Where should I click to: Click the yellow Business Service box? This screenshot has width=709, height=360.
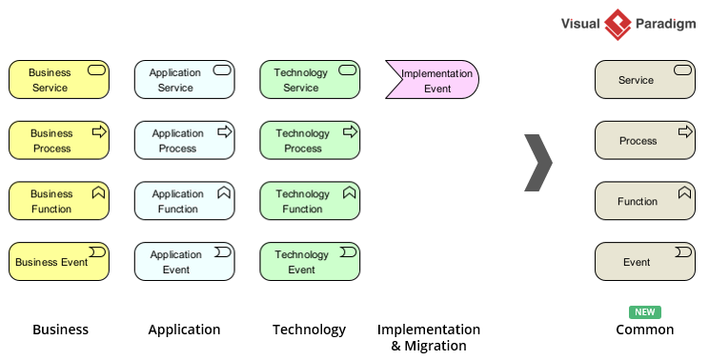click(59, 80)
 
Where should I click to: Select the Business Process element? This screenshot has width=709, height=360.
click(59, 141)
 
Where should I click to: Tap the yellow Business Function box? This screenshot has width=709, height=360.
click(59, 201)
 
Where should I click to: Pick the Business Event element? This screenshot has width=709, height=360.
click(59, 262)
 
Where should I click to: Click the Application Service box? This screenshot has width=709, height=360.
click(184, 80)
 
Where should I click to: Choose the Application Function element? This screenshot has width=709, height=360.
click(184, 201)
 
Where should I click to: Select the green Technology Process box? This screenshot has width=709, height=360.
click(310, 141)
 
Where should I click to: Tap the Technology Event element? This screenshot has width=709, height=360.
click(310, 262)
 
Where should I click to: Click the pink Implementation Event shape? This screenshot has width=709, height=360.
click(433, 80)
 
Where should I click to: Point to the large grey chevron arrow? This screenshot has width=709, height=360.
click(539, 163)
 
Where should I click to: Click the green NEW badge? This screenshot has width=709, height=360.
click(644, 312)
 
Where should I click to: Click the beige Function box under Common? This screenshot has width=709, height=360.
click(644, 201)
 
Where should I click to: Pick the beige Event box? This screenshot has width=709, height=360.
click(644, 262)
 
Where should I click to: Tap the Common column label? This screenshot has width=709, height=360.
click(644, 330)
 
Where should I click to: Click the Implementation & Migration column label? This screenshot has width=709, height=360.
click(429, 337)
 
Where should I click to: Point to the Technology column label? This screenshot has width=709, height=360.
click(309, 330)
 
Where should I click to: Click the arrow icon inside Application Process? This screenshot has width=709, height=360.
click(224, 131)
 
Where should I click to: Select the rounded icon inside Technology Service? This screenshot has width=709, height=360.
click(348, 70)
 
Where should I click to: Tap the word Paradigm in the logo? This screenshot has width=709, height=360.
click(667, 24)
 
